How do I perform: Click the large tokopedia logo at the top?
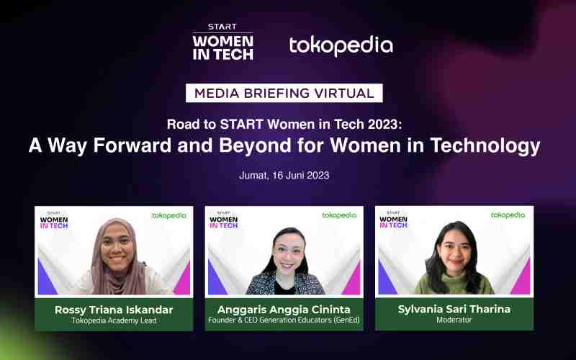point(341,45)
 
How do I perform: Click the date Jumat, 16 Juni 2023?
point(284,175)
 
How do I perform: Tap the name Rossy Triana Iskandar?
point(113,310)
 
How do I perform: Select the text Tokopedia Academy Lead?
point(113,321)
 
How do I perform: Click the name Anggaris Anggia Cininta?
point(284,310)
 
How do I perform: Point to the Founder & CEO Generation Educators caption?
point(284,321)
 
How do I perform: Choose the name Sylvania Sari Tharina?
point(454,310)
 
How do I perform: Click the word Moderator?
point(454,321)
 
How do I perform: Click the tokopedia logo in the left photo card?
point(169,215)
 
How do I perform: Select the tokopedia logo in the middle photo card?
point(339,215)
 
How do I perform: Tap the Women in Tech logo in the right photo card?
point(393,220)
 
